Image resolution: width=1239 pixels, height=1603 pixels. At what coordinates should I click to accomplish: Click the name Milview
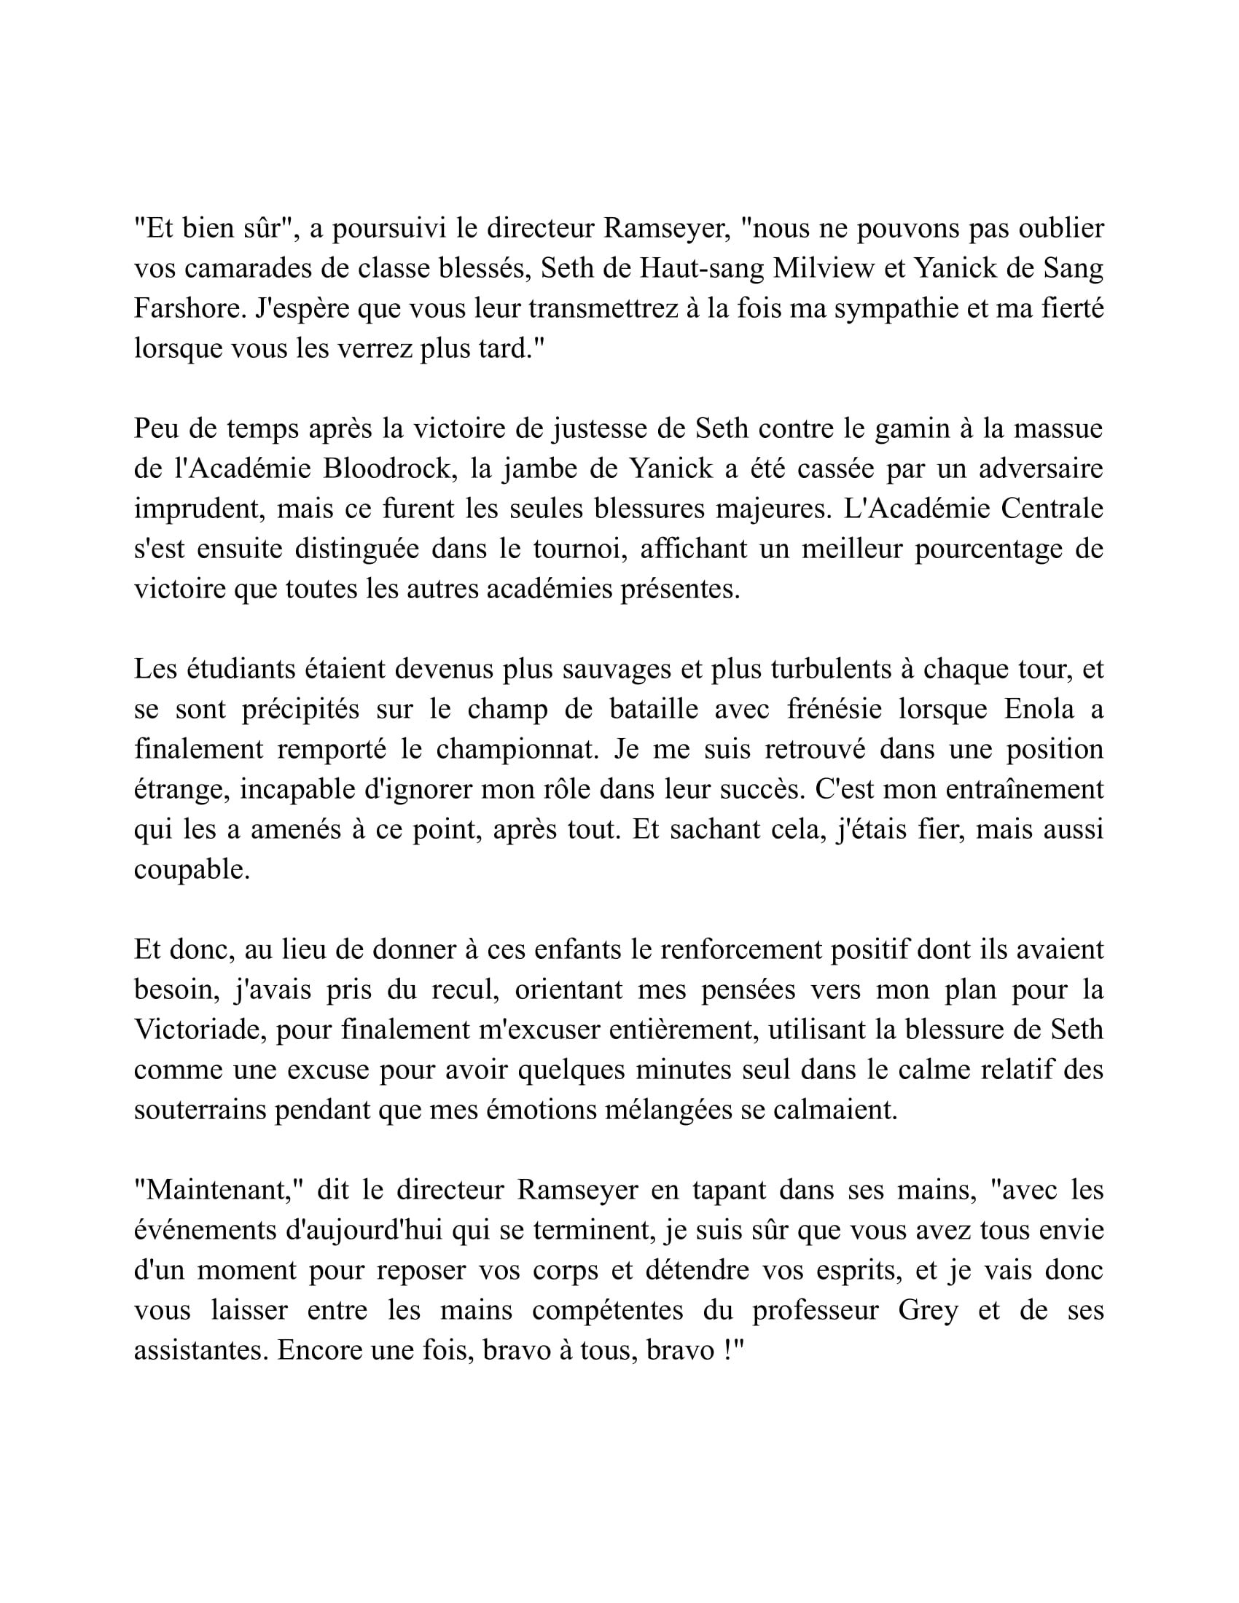[824, 269]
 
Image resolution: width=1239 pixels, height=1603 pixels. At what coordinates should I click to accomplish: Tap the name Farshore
[188, 308]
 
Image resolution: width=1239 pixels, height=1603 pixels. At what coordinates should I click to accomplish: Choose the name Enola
[1035, 709]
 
